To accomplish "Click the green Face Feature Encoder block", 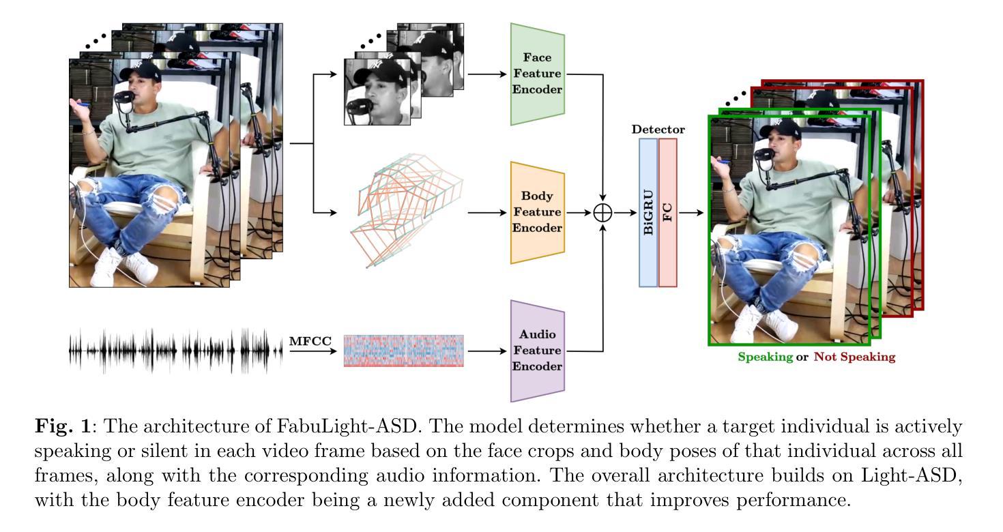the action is (538, 74).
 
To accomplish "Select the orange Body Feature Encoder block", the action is (538, 213).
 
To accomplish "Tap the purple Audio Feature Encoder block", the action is (538, 351).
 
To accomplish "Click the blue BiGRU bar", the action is (648, 213).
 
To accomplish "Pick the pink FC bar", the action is (667, 213).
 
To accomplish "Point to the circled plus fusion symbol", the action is (602, 213).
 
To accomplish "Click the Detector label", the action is (658, 130).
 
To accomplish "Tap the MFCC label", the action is (310, 341).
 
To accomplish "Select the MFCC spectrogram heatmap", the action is (404, 351).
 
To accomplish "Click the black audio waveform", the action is (175, 351).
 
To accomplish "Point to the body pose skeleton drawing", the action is (406, 210).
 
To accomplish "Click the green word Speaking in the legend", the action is (766, 357).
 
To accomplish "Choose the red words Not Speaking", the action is (854, 357).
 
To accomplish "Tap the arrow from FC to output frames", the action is (691, 213).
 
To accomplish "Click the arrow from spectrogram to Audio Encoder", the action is (487, 351).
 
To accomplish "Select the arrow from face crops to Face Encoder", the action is (487, 74).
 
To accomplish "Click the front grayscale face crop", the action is (377, 91).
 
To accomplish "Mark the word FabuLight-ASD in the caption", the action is (347, 426).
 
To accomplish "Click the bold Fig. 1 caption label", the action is (63, 426).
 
